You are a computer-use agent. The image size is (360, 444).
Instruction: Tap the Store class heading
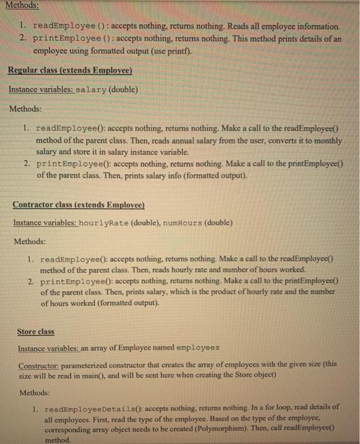pos(36,332)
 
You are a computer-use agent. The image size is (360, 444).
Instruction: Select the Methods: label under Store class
pos(35,392)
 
